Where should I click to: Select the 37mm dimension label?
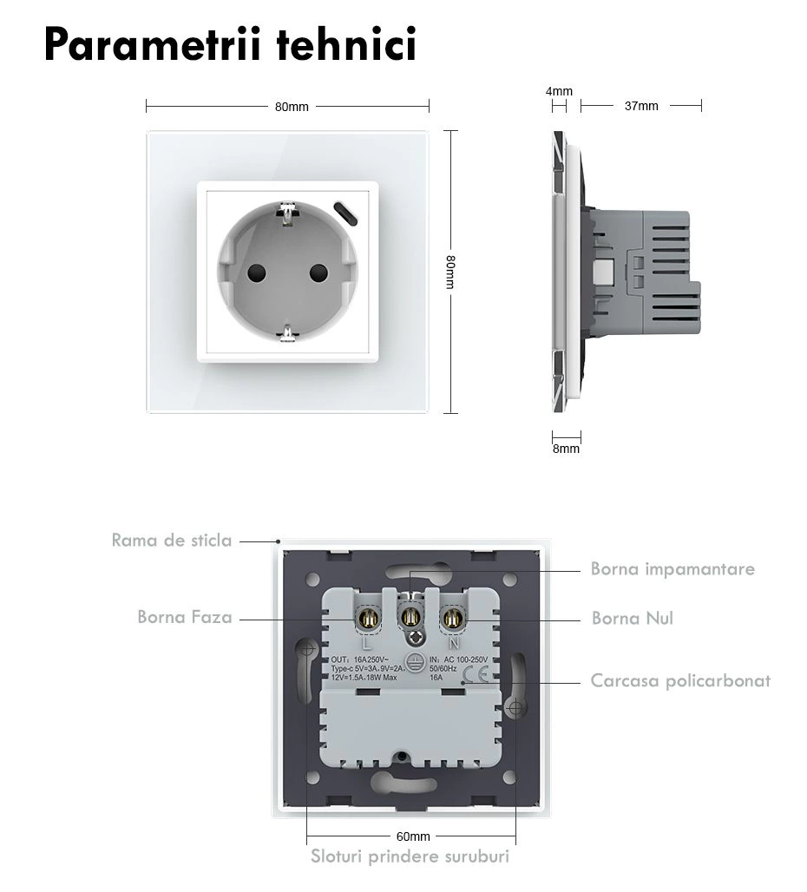641,106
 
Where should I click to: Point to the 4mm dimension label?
559,91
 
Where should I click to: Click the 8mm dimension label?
566,449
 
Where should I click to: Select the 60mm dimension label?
413,836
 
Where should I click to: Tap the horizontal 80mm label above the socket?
292,107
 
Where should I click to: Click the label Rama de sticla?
172,541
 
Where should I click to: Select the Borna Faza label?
185,617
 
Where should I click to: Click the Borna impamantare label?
672,569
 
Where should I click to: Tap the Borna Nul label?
632,619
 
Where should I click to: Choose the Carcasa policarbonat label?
680,680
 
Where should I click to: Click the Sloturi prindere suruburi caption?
410,857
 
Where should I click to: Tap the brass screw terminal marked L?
366,620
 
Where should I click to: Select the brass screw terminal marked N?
451,620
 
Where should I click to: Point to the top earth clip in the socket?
285,209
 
